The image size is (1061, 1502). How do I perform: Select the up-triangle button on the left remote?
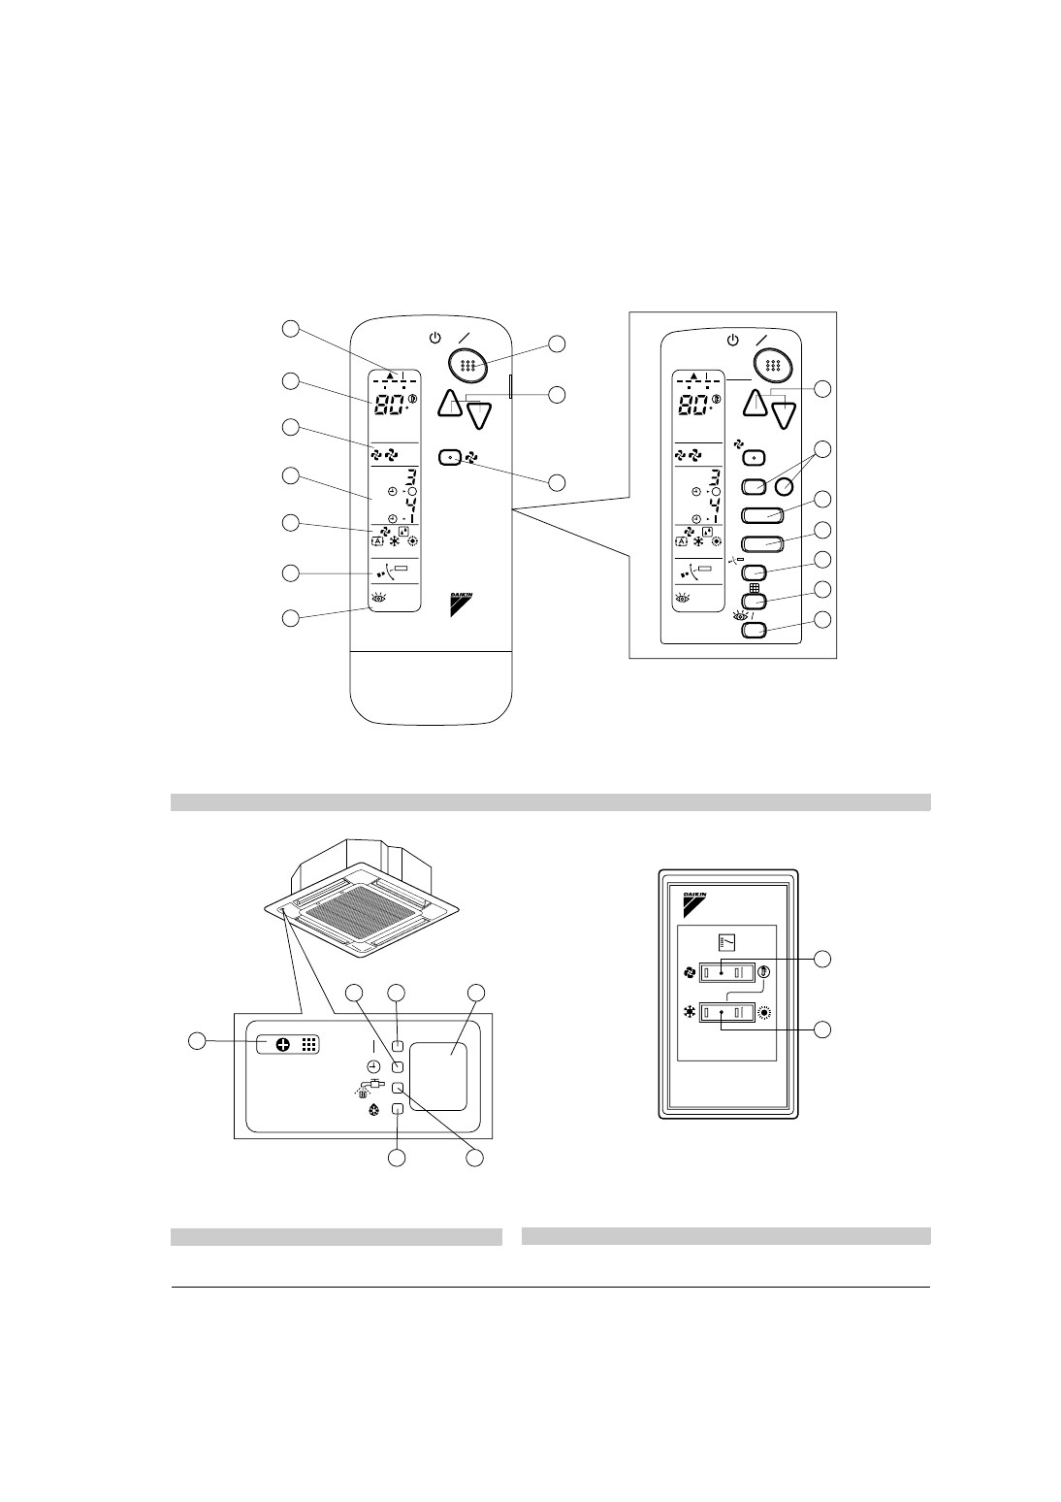[x=449, y=403]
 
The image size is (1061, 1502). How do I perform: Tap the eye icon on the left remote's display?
[x=377, y=599]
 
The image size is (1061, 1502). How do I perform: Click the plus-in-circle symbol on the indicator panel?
[x=282, y=1045]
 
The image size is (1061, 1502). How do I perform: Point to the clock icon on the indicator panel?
[x=373, y=1066]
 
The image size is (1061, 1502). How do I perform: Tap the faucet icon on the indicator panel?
[x=370, y=1087]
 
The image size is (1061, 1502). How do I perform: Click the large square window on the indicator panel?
[x=438, y=1076]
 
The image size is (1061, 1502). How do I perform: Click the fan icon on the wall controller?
[x=690, y=971]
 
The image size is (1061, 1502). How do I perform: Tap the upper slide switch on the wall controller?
[x=727, y=971]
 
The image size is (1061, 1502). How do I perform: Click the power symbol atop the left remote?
[x=435, y=339]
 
